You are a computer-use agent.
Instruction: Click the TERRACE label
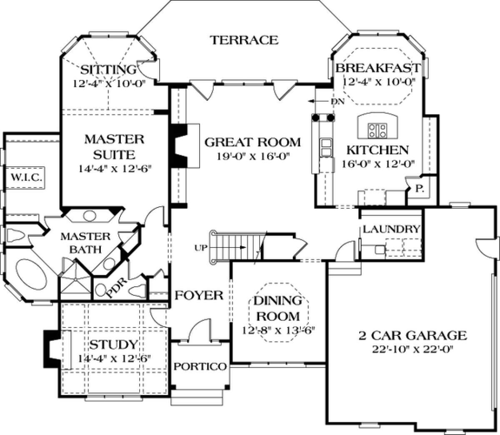coord(245,40)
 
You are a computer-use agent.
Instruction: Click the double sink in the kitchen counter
coord(325,147)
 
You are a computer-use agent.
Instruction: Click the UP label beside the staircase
coord(201,248)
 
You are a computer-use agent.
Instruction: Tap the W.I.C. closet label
coord(25,177)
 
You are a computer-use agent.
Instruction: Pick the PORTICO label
coord(200,366)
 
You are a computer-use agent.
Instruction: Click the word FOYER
coord(199,295)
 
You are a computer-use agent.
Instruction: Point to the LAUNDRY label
coord(391,229)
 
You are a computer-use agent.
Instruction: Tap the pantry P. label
coord(419,189)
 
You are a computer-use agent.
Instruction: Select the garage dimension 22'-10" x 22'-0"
coord(413,350)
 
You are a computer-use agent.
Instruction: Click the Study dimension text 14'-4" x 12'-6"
coord(114,358)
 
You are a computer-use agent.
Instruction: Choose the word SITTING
coord(108,70)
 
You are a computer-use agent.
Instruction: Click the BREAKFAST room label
coord(378,68)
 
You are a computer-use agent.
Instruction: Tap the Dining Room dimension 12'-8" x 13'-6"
coord(278,331)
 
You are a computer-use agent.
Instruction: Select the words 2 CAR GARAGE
coord(413,335)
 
